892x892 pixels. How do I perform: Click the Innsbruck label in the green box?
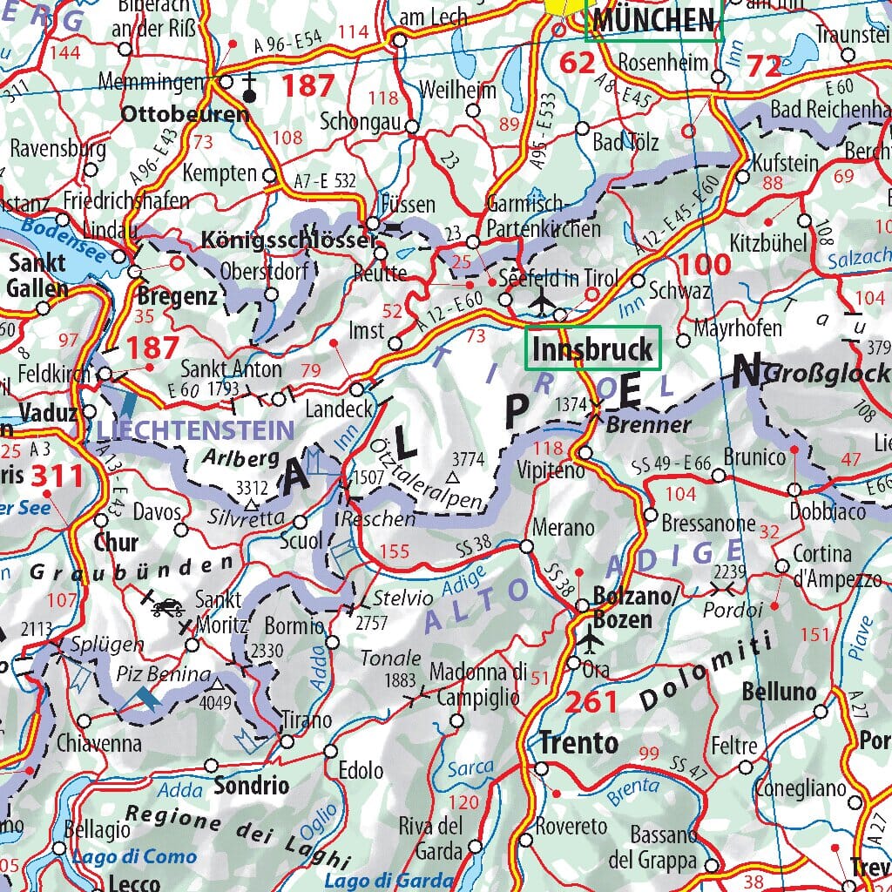[592, 349]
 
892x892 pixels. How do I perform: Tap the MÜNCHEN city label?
[653, 18]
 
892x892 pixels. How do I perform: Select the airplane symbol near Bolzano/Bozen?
[591, 640]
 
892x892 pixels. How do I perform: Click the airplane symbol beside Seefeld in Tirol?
[542, 301]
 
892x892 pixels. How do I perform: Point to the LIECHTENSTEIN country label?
[196, 429]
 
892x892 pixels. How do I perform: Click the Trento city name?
[578, 743]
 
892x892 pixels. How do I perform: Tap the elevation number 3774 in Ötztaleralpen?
[469, 458]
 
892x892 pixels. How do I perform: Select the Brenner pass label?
[648, 426]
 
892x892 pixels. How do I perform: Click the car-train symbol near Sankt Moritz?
[166, 607]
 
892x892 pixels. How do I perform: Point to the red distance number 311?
[57, 476]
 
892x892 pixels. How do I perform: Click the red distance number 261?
[591, 701]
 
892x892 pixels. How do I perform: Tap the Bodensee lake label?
[63, 240]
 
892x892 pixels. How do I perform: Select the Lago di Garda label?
[389, 881]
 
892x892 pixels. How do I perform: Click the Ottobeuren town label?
[185, 114]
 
